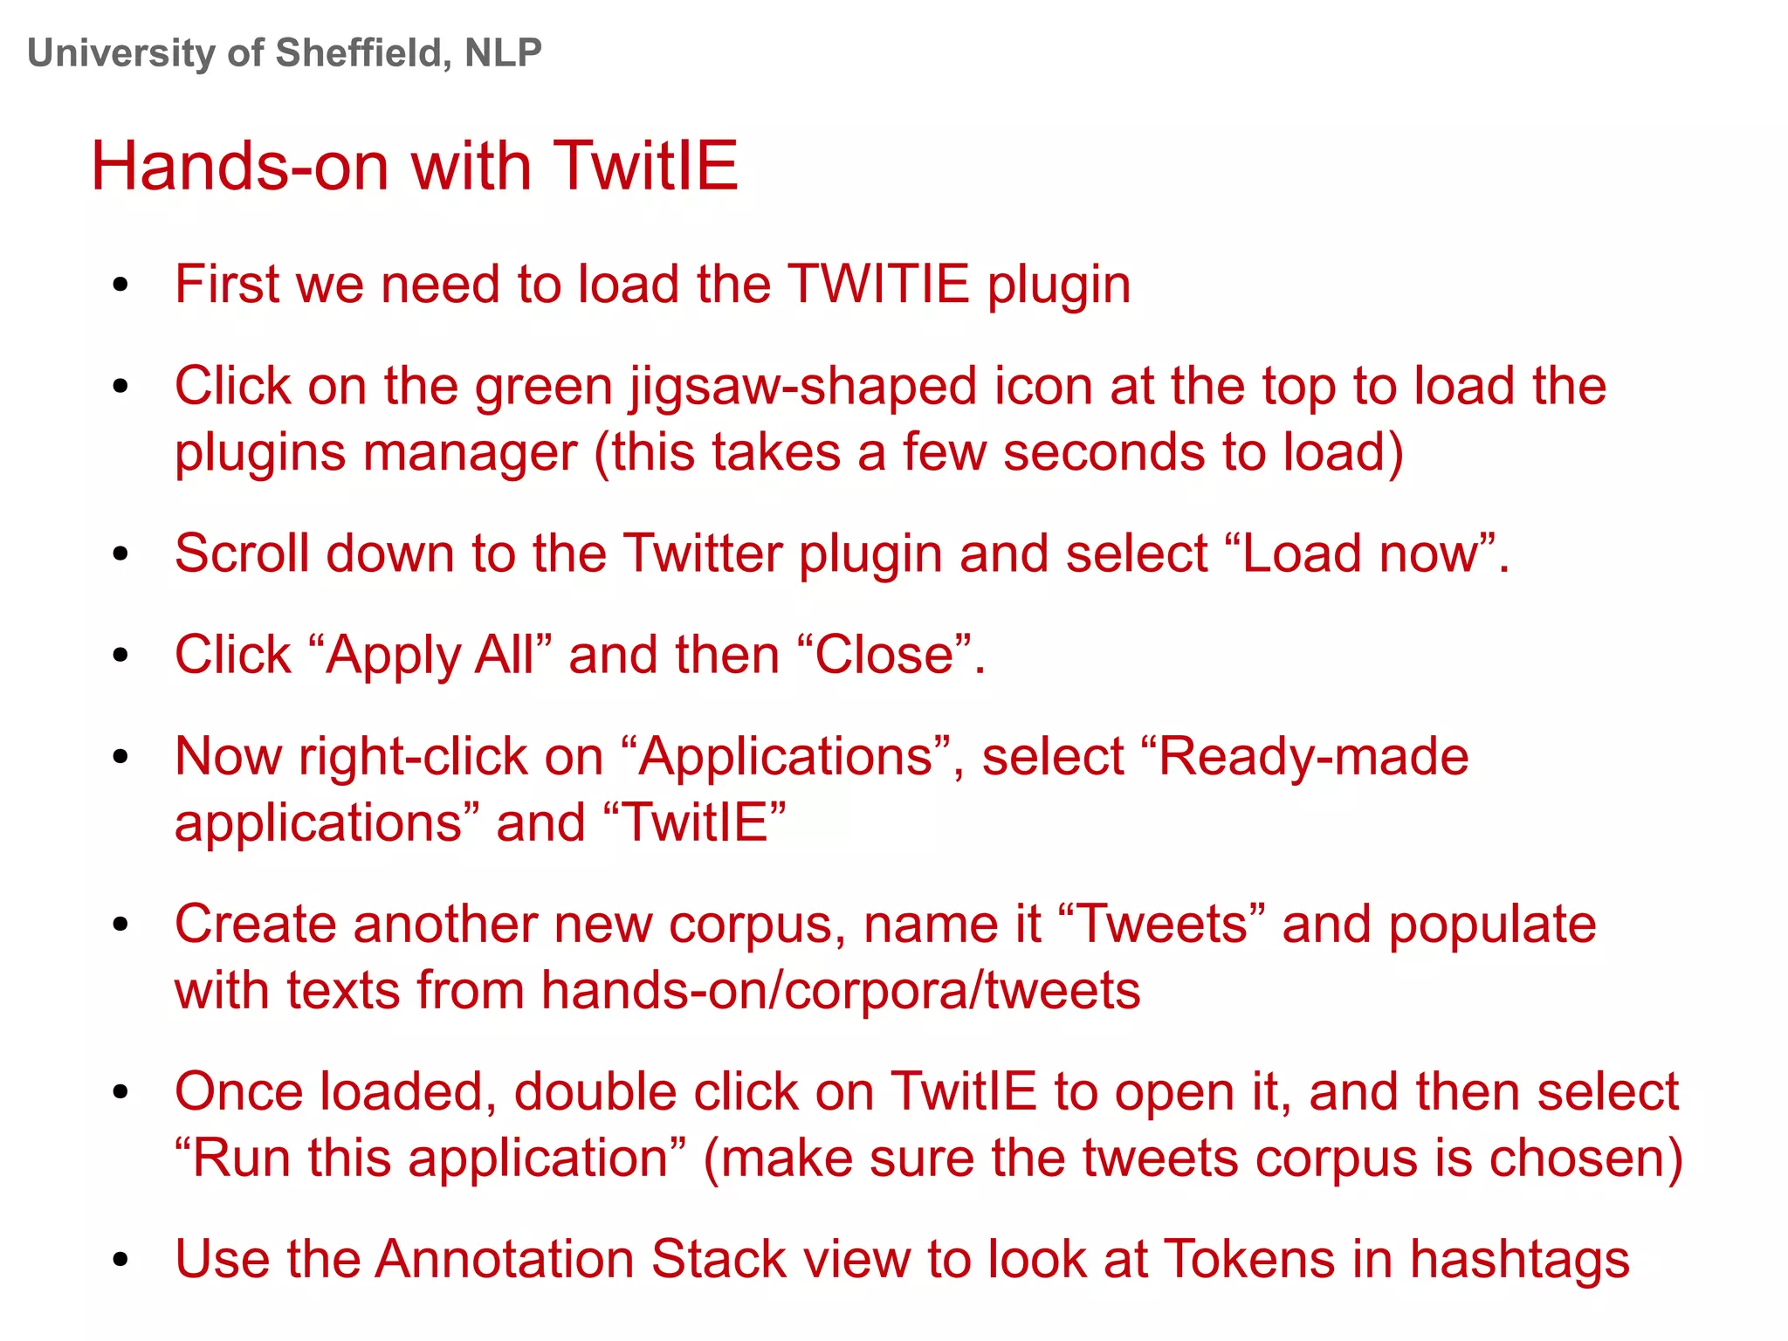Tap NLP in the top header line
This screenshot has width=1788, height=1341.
[x=503, y=53]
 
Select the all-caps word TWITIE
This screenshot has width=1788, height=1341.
[x=877, y=285]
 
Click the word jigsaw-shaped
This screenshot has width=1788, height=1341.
[x=802, y=386]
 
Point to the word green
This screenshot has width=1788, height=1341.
[x=544, y=386]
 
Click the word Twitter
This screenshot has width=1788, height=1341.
[x=702, y=554]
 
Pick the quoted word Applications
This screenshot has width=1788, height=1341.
[x=786, y=756]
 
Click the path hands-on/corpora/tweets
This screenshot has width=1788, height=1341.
[x=840, y=990]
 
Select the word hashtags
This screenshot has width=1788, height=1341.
[x=1519, y=1259]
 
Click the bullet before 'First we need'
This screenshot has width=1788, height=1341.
[x=120, y=285]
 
